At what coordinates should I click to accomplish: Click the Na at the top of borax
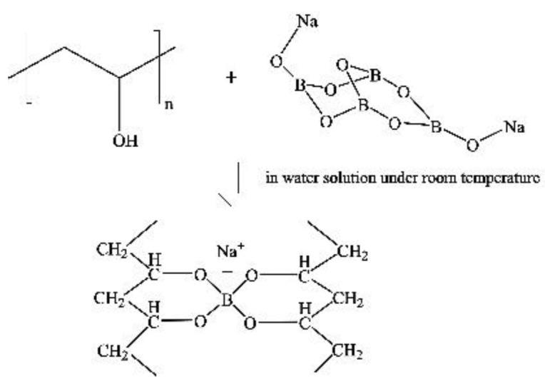[308, 22]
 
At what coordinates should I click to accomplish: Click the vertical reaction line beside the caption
[238, 178]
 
